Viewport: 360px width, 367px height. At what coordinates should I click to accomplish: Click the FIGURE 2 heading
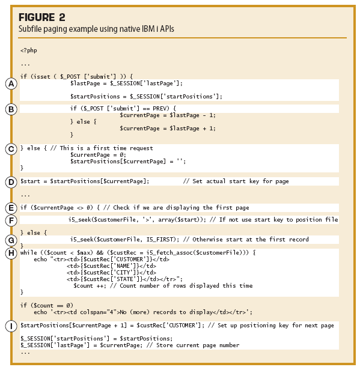coord(42,17)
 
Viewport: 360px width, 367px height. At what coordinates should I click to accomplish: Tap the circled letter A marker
coord(11,84)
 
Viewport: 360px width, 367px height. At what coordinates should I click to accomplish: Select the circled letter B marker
coord(11,109)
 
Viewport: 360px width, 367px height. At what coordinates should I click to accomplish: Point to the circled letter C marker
coord(11,149)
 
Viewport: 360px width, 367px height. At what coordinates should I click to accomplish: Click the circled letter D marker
coord(11,182)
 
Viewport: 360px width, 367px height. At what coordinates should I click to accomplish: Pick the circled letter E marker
coord(11,208)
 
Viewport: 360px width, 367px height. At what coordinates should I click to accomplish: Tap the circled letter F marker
coord(11,220)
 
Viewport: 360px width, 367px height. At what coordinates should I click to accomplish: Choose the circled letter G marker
coord(11,240)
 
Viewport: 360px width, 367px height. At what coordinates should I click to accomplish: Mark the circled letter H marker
coord(11,253)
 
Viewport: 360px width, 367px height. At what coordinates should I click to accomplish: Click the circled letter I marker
coord(11,326)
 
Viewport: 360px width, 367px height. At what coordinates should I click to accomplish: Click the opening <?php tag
coord(29,50)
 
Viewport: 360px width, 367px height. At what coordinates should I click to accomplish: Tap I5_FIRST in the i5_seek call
coord(161,240)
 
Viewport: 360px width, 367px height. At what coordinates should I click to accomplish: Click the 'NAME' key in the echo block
coord(123,266)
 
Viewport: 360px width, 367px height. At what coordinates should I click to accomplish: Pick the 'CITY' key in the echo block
coord(123,273)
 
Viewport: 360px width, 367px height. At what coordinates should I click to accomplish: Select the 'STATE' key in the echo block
coord(125,279)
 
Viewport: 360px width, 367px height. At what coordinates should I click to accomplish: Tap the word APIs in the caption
coord(167,29)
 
